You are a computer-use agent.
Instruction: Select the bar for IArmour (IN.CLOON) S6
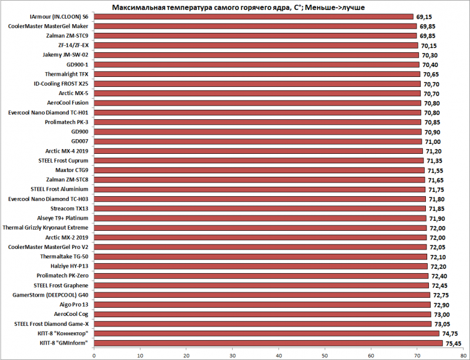[253, 16]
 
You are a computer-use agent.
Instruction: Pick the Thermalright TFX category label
[67, 74]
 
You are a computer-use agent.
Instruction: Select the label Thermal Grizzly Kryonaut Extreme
[46, 227]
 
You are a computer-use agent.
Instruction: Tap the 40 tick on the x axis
[278, 354]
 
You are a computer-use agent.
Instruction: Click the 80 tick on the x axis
[464, 354]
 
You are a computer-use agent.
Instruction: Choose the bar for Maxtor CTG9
[259, 170]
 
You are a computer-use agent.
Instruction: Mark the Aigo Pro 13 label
[73, 304]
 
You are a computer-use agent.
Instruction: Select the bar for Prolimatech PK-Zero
[261, 275]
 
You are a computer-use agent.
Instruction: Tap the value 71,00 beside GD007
[432, 142]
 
